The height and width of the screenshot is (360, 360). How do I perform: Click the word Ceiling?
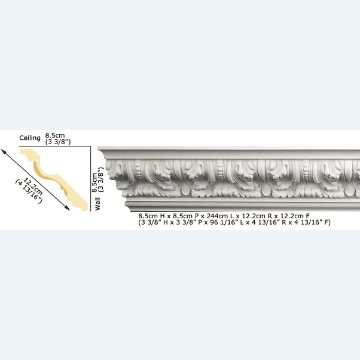point(30,138)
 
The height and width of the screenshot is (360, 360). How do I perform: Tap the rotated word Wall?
point(97,204)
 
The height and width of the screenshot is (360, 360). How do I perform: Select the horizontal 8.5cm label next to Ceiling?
point(55,135)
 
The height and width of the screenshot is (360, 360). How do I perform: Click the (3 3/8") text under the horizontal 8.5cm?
point(58,142)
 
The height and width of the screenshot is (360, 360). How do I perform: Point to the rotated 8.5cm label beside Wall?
point(94,182)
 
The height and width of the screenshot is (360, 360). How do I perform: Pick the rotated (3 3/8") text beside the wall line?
point(101,179)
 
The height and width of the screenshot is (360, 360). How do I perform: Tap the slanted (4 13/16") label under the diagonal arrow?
point(29,191)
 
